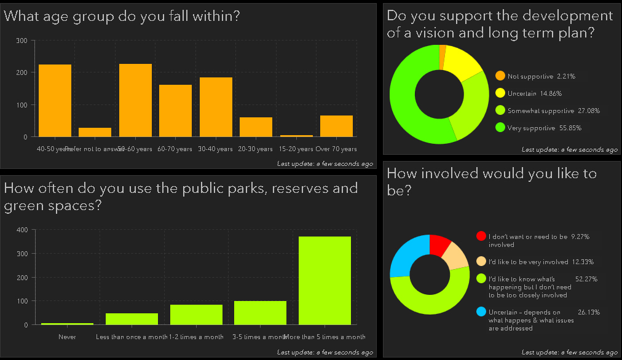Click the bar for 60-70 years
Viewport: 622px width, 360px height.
[175, 111]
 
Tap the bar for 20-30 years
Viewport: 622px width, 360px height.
[256, 127]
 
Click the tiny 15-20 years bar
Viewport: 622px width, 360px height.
[296, 136]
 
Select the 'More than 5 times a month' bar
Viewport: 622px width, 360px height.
[325, 280]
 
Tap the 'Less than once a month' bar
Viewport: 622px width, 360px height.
[132, 319]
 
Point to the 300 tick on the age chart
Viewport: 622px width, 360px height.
[22, 41]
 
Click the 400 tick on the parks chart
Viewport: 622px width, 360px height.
[22, 230]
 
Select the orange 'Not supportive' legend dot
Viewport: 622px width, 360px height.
[500, 76]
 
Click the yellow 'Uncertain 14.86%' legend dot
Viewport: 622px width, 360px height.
[500, 93]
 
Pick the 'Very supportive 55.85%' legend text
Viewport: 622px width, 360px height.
[545, 128]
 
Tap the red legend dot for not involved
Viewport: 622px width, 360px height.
[481, 236]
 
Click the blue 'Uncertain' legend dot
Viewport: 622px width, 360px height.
[481, 312]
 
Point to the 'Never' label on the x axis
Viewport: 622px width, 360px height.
[67, 337]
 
